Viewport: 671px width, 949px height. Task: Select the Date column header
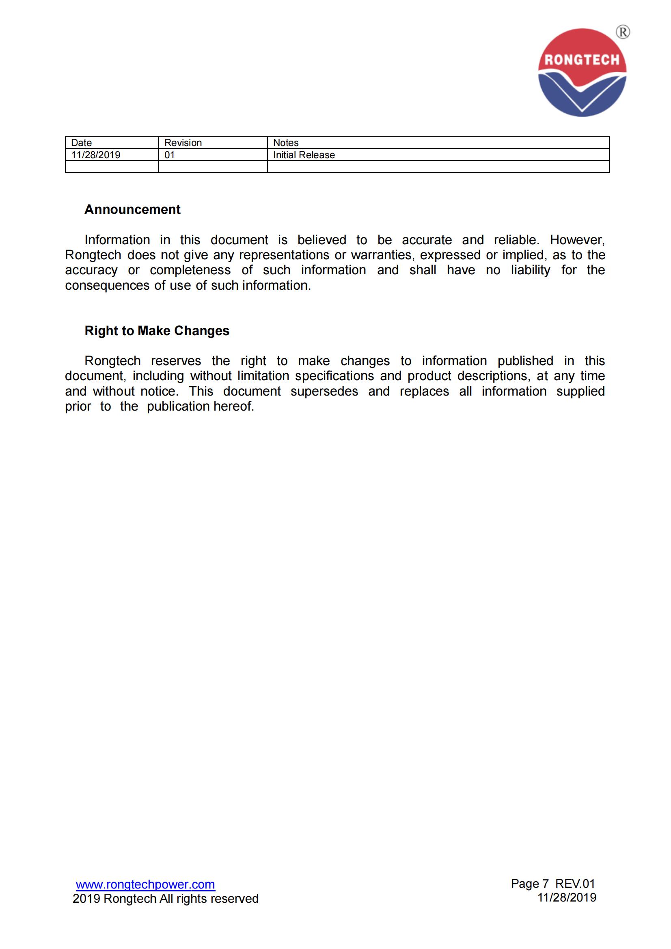[x=82, y=142]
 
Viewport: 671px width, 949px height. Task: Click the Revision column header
[x=183, y=142]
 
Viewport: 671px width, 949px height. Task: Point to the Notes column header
[x=286, y=142]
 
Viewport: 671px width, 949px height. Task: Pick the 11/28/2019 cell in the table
[x=95, y=155]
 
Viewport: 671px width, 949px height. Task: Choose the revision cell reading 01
[x=170, y=155]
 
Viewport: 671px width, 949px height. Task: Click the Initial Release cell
[x=304, y=155]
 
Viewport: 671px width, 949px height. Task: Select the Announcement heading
[x=132, y=209]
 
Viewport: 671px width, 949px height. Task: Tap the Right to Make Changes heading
[x=157, y=331]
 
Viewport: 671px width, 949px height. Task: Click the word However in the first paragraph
[x=577, y=240]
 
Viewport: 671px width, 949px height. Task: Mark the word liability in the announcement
[x=531, y=270]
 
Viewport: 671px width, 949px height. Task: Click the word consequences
[x=107, y=286]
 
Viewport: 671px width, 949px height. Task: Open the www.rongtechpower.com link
[x=146, y=884]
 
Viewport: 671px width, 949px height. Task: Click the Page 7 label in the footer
[x=530, y=884]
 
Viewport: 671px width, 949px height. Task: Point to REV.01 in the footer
[x=575, y=884]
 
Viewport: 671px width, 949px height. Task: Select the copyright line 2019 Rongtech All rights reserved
[x=165, y=899]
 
